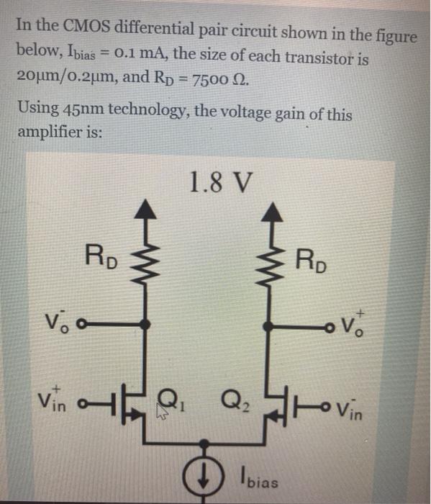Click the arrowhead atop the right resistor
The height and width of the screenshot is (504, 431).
270,210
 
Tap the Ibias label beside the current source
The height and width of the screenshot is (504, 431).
260,479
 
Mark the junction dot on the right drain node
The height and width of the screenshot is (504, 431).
269,327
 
